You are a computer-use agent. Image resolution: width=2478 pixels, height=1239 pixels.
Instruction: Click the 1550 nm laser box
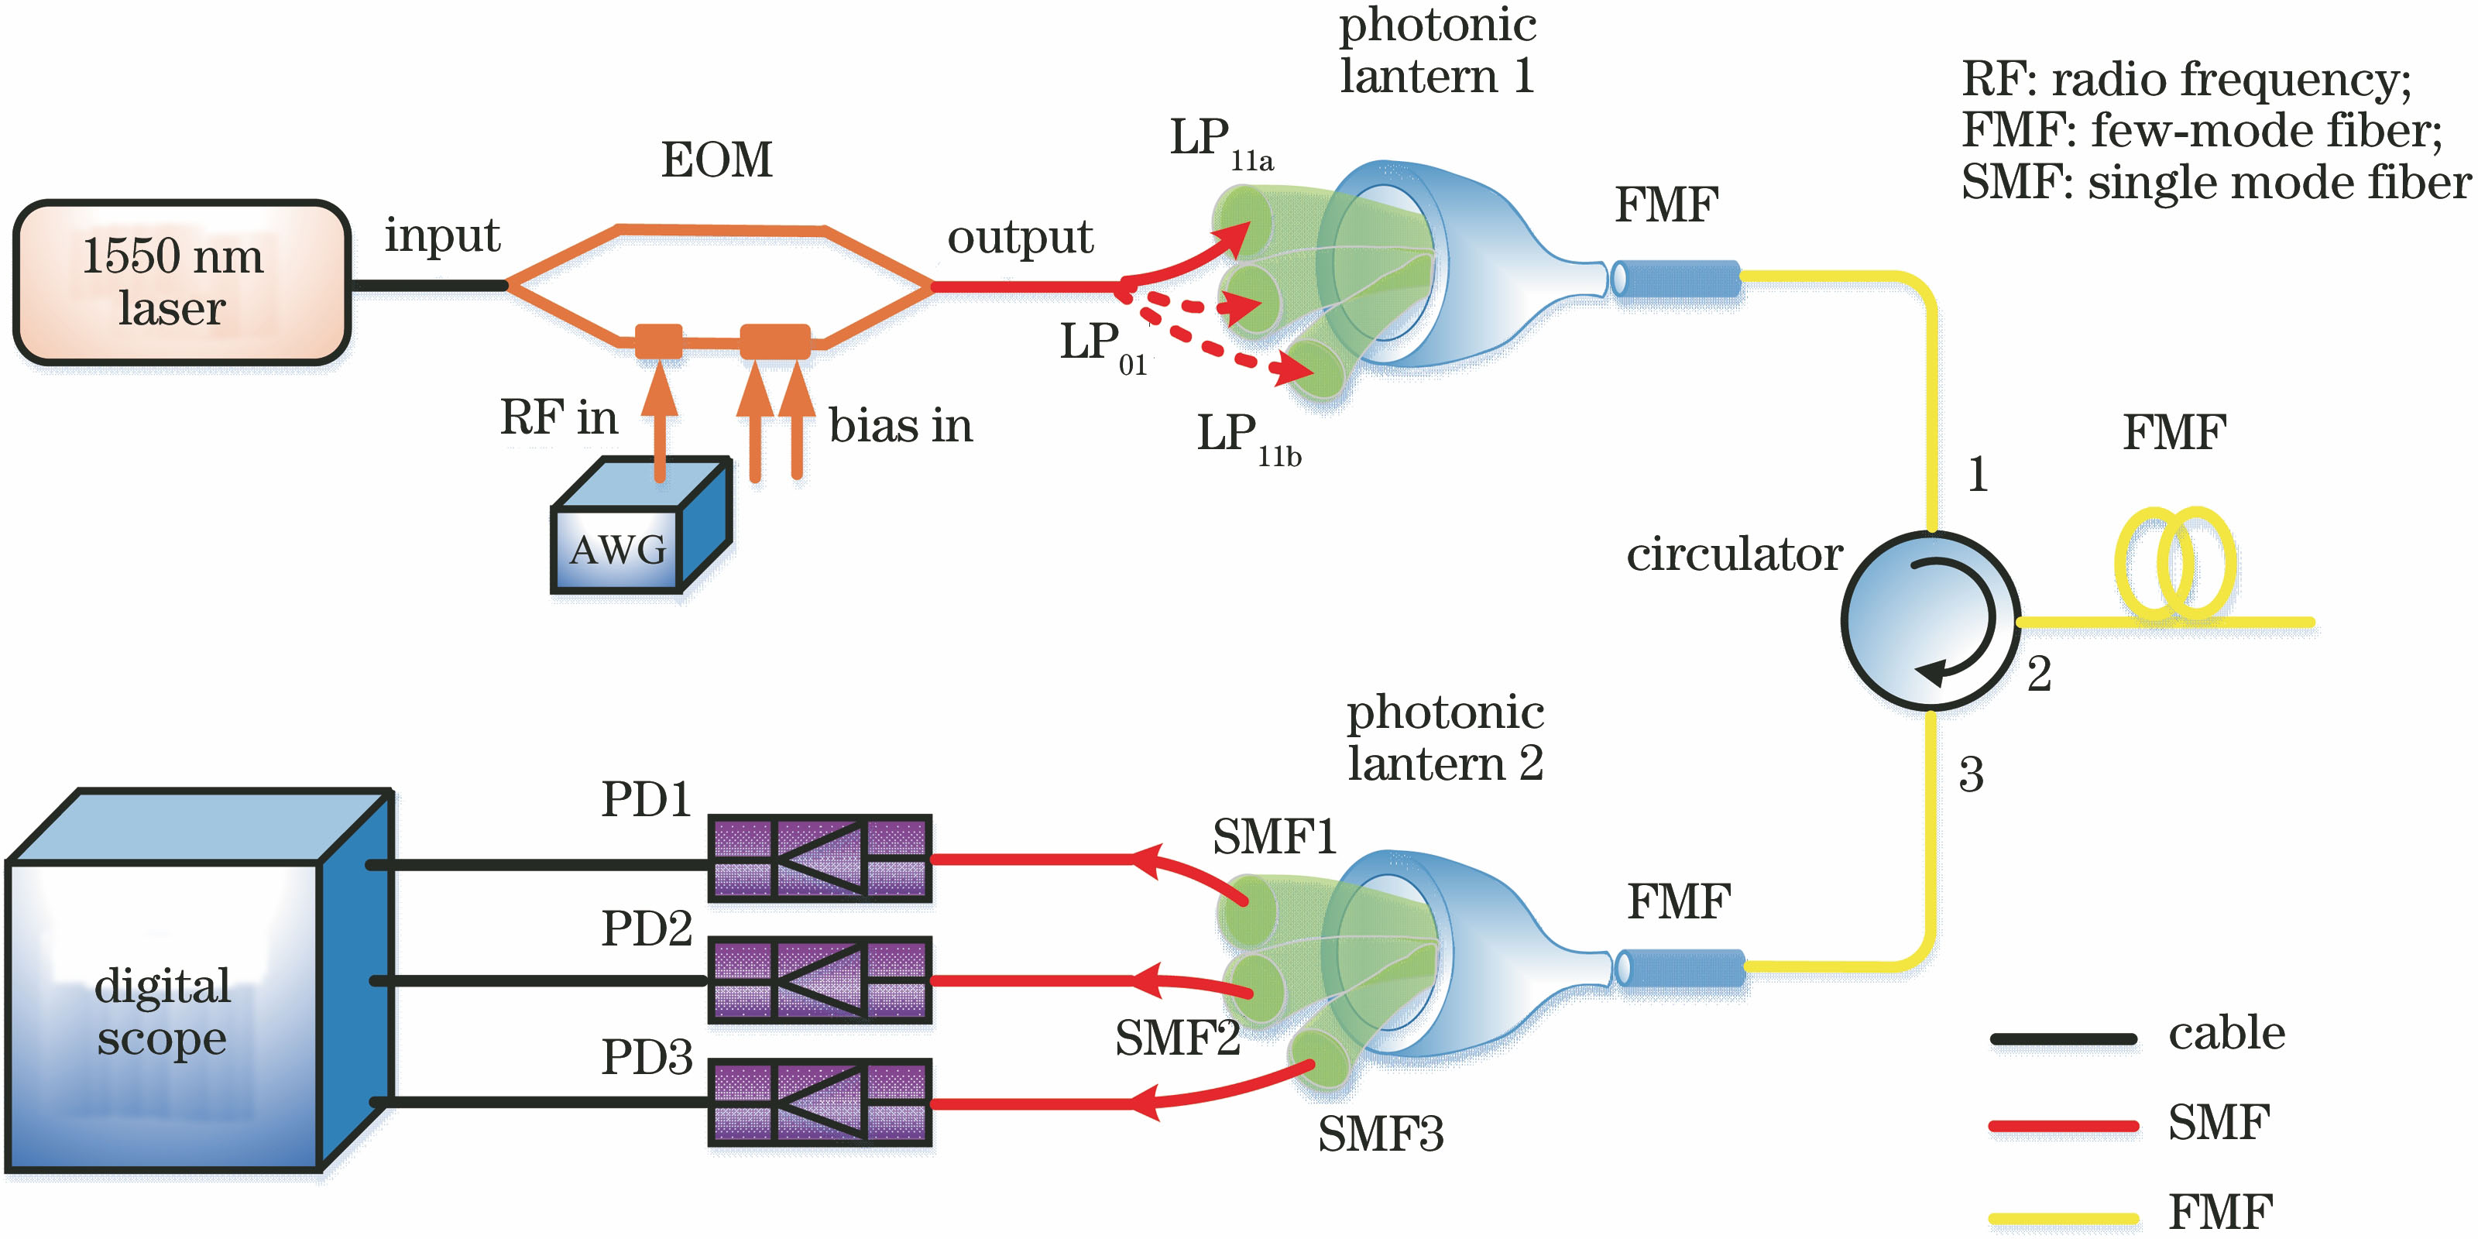181,283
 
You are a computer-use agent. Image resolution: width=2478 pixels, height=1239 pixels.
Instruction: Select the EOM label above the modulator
716,160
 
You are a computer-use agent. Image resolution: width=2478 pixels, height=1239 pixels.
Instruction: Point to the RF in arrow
659,424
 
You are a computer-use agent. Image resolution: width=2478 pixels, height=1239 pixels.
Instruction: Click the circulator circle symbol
1930,621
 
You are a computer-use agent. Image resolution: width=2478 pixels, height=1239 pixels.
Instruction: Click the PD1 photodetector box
819,858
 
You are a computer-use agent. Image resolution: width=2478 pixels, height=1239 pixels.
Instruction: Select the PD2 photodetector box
819,980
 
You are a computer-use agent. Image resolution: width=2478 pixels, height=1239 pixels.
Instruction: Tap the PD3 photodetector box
819,1103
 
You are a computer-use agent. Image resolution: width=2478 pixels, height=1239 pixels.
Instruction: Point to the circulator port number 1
1978,474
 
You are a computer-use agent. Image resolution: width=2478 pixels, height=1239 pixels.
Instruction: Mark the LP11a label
1220,142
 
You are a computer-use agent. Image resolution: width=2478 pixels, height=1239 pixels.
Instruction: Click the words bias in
901,425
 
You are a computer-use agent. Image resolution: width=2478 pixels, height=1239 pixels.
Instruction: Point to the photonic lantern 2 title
1445,738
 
